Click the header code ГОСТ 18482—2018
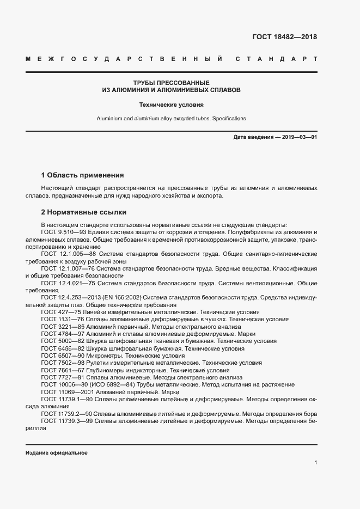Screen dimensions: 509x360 (284, 38)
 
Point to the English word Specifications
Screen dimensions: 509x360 (228, 118)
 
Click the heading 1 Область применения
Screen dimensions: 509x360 (83, 175)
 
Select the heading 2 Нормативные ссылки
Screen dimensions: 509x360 (84, 212)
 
